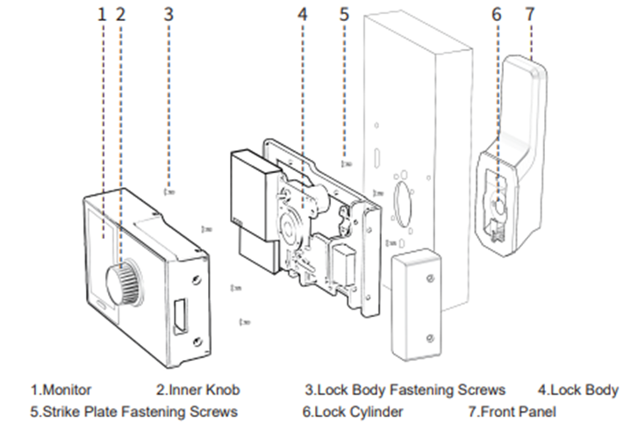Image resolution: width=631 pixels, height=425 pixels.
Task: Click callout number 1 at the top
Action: [x=102, y=14]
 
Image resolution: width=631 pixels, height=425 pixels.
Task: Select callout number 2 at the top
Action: [x=120, y=14]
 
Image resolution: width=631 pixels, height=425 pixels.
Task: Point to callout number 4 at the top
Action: [x=303, y=14]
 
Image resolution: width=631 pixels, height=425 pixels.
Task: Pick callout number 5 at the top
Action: [x=344, y=14]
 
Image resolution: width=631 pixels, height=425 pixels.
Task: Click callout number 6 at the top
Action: [x=496, y=14]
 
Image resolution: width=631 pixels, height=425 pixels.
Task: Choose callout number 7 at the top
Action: [x=528, y=14]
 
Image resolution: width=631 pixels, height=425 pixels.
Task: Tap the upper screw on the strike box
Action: [x=429, y=278]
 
